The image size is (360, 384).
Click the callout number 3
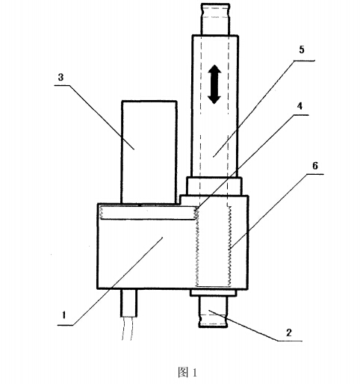(60, 77)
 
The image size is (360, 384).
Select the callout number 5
(302, 49)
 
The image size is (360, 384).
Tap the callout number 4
(300, 106)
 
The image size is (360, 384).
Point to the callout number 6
(315, 166)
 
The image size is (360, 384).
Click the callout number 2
(289, 332)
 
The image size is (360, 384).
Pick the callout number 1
(64, 315)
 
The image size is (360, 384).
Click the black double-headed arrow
(214, 84)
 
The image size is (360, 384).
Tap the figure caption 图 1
(187, 372)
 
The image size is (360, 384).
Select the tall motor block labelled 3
(149, 152)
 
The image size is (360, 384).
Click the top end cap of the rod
(215, 19)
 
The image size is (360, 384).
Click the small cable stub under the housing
(129, 303)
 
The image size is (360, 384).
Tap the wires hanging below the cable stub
(127, 329)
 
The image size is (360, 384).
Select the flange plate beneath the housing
(213, 293)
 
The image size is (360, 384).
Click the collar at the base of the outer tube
(214, 186)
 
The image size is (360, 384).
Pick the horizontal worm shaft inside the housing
(148, 213)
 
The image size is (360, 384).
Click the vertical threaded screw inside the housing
(214, 247)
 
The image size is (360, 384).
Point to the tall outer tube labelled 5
(215, 106)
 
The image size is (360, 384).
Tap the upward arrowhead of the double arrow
(214, 69)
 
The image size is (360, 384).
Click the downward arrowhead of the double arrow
(214, 99)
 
